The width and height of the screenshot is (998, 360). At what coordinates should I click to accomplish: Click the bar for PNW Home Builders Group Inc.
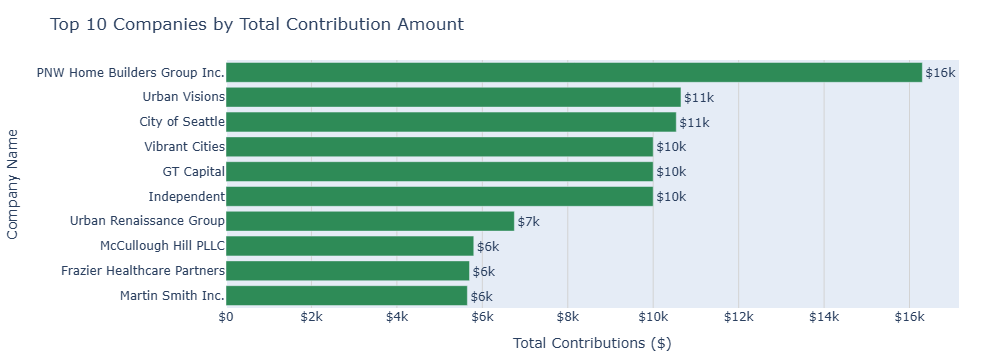tap(573, 73)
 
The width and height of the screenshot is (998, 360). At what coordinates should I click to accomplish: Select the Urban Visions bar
tap(453, 97)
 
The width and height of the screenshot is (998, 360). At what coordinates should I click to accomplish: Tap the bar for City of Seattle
tap(451, 122)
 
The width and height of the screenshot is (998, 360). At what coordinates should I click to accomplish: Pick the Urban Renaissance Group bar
tap(370, 221)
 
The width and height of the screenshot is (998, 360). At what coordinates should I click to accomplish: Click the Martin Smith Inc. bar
tap(346, 296)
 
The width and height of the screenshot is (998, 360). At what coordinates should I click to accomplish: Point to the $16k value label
tap(940, 73)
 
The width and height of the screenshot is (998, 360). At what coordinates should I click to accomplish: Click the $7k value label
tap(528, 221)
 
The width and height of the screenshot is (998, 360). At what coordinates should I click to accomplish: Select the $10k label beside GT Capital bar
tap(670, 172)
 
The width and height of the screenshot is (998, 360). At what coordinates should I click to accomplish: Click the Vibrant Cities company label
tap(184, 147)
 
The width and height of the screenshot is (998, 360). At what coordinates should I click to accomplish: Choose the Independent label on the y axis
tap(186, 196)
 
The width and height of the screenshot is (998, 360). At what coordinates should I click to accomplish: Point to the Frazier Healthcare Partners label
tap(143, 271)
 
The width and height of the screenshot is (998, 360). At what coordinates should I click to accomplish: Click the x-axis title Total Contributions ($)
tap(591, 343)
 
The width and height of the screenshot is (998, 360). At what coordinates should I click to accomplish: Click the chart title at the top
tap(257, 23)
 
